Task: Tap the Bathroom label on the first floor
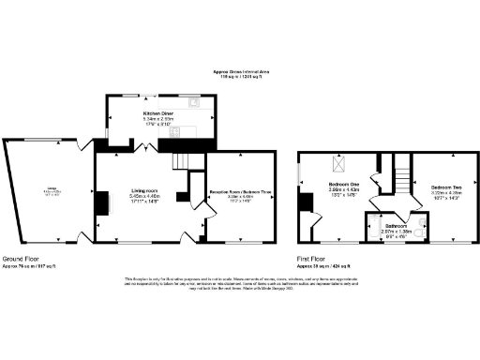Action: pos(395,226)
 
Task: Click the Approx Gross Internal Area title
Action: pos(240,72)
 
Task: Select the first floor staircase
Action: pos(405,175)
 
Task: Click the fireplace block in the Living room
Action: pos(97,202)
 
